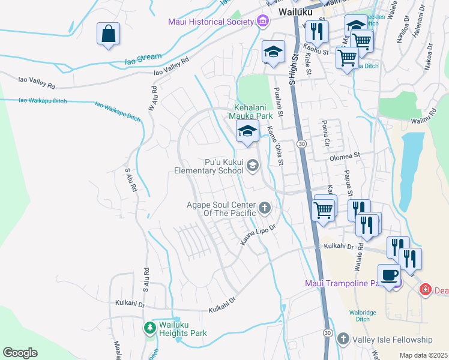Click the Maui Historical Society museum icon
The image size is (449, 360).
pos(262,22)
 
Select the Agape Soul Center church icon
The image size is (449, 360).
pos(264,209)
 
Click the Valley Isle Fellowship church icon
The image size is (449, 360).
pos(343,340)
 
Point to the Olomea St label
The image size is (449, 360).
pos(344,156)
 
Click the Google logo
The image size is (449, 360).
pos(20,353)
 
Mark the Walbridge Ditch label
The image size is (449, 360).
pos(364,315)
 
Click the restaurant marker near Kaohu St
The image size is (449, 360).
pos(316,30)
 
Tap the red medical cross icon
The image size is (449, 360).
pos(425,290)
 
